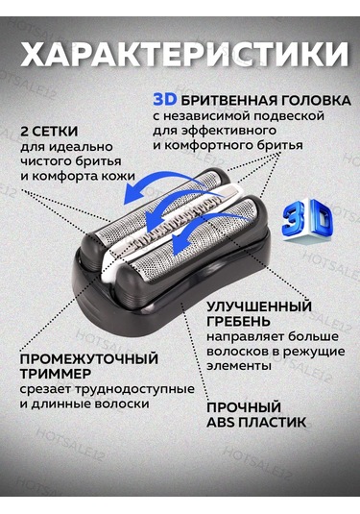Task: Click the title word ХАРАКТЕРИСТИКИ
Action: [184, 54]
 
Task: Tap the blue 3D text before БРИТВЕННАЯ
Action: [165, 100]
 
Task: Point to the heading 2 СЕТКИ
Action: [49, 132]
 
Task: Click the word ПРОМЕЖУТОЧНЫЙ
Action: [89, 359]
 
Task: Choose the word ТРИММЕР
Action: [56, 374]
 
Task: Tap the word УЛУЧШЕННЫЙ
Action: [259, 306]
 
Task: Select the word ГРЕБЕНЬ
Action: [238, 322]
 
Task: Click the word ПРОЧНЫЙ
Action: [244, 407]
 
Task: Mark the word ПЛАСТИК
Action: [273, 422]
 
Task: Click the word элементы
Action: [239, 366]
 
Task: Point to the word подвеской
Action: [289, 116]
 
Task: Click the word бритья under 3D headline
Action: [280, 145]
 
